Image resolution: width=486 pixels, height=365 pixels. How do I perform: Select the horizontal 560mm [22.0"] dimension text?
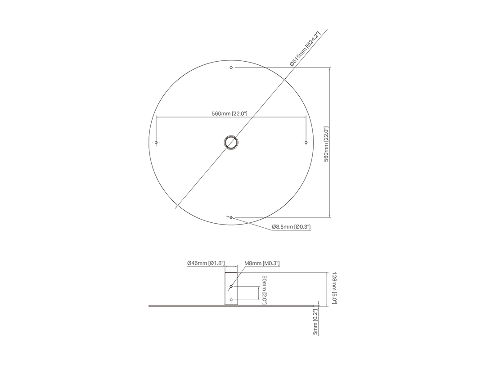click(229, 113)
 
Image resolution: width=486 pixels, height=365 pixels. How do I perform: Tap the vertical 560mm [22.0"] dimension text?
click(326, 144)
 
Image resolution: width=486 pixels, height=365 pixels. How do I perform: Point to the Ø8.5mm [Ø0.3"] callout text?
click(291, 227)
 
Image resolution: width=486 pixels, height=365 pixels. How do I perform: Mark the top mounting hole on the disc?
click(231, 68)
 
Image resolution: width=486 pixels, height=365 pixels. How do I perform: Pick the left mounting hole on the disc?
click(156, 143)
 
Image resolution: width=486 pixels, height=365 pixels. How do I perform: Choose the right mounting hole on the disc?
click(306, 143)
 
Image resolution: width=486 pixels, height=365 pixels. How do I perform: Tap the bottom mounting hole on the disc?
click(231, 218)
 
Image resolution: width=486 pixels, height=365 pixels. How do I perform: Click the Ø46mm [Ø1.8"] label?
click(206, 263)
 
